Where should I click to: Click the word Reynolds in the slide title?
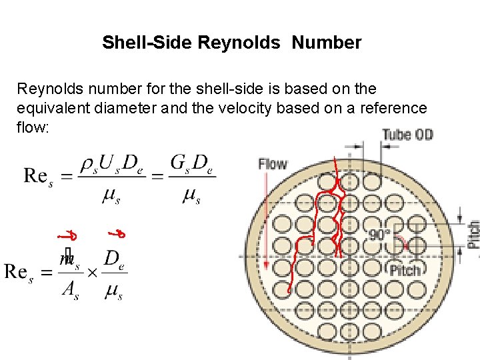tap(239, 43)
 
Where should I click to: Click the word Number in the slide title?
tap(327, 43)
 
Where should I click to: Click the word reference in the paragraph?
tap(391, 107)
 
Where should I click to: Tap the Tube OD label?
tap(407, 135)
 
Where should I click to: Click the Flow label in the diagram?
tap(273, 163)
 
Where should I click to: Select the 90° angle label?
tap(381, 235)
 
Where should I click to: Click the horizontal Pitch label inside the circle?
tap(405, 271)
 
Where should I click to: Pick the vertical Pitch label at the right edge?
tap(473, 234)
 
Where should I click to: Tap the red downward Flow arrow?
tap(267, 220)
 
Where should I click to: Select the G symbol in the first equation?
tap(179, 162)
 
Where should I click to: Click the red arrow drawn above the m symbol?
tap(65, 235)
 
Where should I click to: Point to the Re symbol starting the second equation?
tap(19, 271)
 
